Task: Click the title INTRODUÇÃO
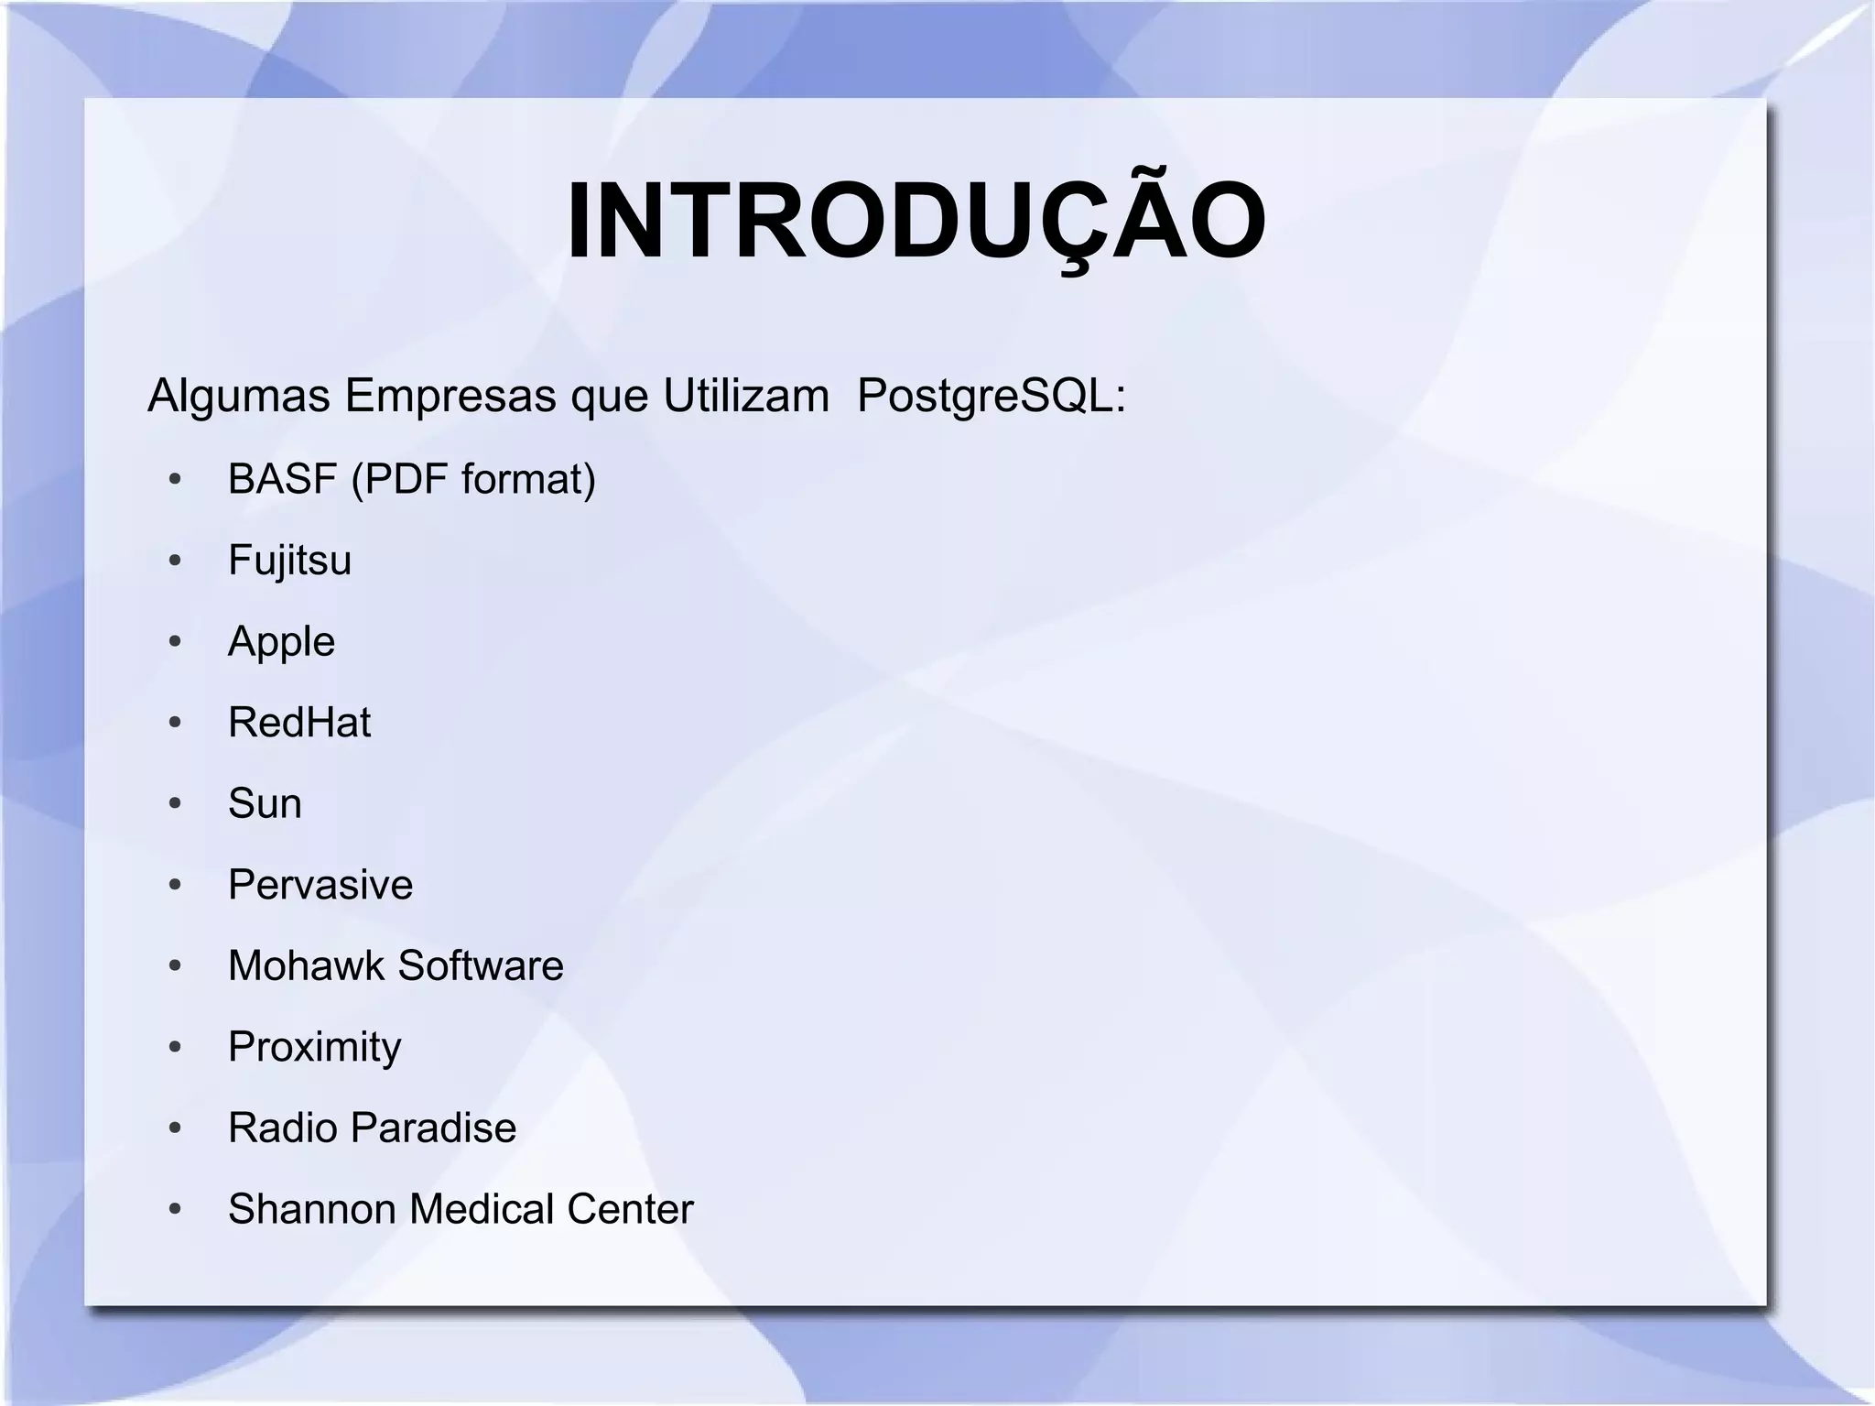click(916, 223)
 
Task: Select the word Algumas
click(238, 396)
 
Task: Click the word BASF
click(282, 479)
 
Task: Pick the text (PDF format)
click(473, 479)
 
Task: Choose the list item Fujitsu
click(289, 561)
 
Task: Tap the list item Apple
click(281, 642)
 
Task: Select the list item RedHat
click(299, 723)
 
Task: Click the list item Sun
click(265, 803)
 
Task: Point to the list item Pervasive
click(320, 885)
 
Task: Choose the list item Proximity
click(314, 1047)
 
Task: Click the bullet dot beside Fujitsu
click(175, 561)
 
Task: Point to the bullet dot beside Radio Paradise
click(175, 1128)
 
